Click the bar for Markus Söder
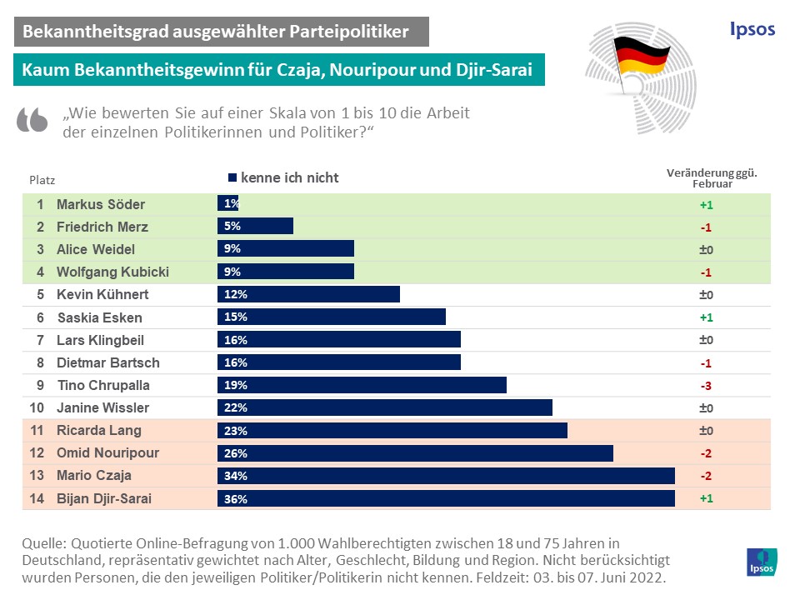coord(228,203)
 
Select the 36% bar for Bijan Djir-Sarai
coord(446,498)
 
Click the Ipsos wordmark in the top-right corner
coord(747,29)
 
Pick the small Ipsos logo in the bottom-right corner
coord(762,562)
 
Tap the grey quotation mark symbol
coord(32,121)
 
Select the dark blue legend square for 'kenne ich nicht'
coord(232,177)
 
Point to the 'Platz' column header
coord(42,179)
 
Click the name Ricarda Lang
coord(98,430)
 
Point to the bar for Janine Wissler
coord(385,407)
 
